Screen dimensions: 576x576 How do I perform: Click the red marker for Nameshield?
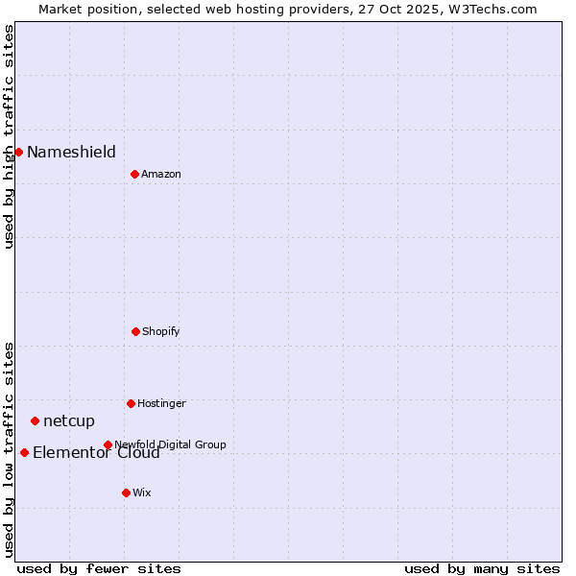pos(18,152)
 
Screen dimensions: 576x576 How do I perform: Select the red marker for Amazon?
pos(134,174)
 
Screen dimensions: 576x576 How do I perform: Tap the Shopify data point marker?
pos(135,331)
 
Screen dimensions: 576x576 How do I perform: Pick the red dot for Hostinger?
pos(131,403)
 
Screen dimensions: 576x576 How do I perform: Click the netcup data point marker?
pos(35,420)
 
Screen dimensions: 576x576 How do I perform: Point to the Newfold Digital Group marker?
pos(108,444)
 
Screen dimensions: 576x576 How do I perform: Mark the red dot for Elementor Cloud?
pos(24,452)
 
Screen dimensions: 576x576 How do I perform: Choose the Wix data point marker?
pos(126,492)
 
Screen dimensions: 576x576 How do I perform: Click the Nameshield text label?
pos(71,152)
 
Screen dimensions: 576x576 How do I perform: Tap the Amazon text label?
pos(161,174)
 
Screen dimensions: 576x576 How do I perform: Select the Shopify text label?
pos(161,331)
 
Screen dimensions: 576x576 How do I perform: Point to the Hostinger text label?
pos(161,403)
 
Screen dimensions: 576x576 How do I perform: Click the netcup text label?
pos(69,420)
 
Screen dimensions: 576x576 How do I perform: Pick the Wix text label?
pos(142,492)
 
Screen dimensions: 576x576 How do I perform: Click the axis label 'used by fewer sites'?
pos(99,568)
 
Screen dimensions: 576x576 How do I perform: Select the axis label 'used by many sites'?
pos(482,568)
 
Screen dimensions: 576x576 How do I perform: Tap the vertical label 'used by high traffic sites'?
pos(9,136)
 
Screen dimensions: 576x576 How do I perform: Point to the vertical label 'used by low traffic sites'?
pos(9,449)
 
